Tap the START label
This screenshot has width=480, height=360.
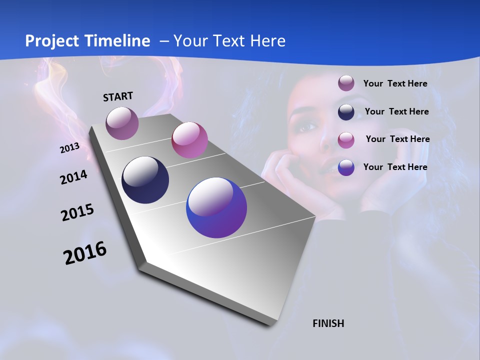tap(118, 96)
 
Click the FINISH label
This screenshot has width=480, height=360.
tap(328, 323)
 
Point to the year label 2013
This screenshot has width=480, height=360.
tap(69, 148)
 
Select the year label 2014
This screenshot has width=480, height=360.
tap(73, 177)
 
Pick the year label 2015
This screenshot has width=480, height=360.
tap(77, 212)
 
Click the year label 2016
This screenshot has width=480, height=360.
tap(85, 252)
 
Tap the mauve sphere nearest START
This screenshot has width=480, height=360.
tap(122, 123)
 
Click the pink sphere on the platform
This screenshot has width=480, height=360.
tap(189, 140)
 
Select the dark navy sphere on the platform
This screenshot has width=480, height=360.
tap(145, 180)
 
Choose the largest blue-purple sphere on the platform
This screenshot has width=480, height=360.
tap(216, 207)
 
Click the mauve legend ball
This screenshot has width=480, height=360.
tap(346, 83)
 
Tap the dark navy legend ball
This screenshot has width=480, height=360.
tap(346, 111)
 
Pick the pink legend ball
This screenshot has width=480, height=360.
tap(346, 139)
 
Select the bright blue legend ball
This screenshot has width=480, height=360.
tap(346, 167)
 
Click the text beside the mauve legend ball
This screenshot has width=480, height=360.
tap(395, 83)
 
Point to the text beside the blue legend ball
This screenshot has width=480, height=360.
tap(395, 167)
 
